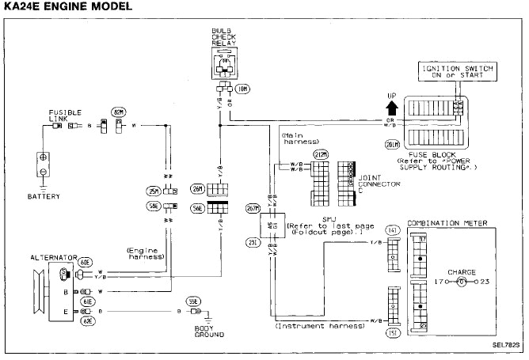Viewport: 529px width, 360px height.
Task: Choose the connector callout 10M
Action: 242,89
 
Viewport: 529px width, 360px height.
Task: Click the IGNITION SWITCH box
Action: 457,73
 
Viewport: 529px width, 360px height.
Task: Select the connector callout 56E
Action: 196,207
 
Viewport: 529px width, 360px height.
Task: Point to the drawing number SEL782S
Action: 506,345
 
